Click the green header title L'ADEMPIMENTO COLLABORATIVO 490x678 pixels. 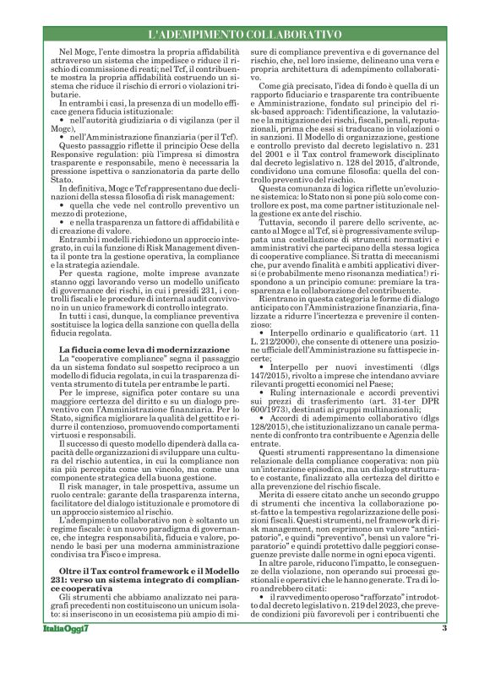[244, 36]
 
